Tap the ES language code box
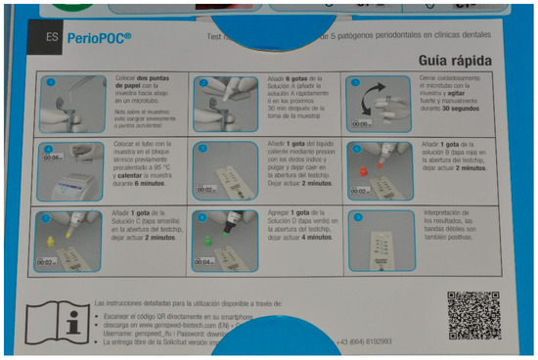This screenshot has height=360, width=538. (x=52, y=40)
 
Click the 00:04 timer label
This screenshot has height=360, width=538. (x=202, y=262)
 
